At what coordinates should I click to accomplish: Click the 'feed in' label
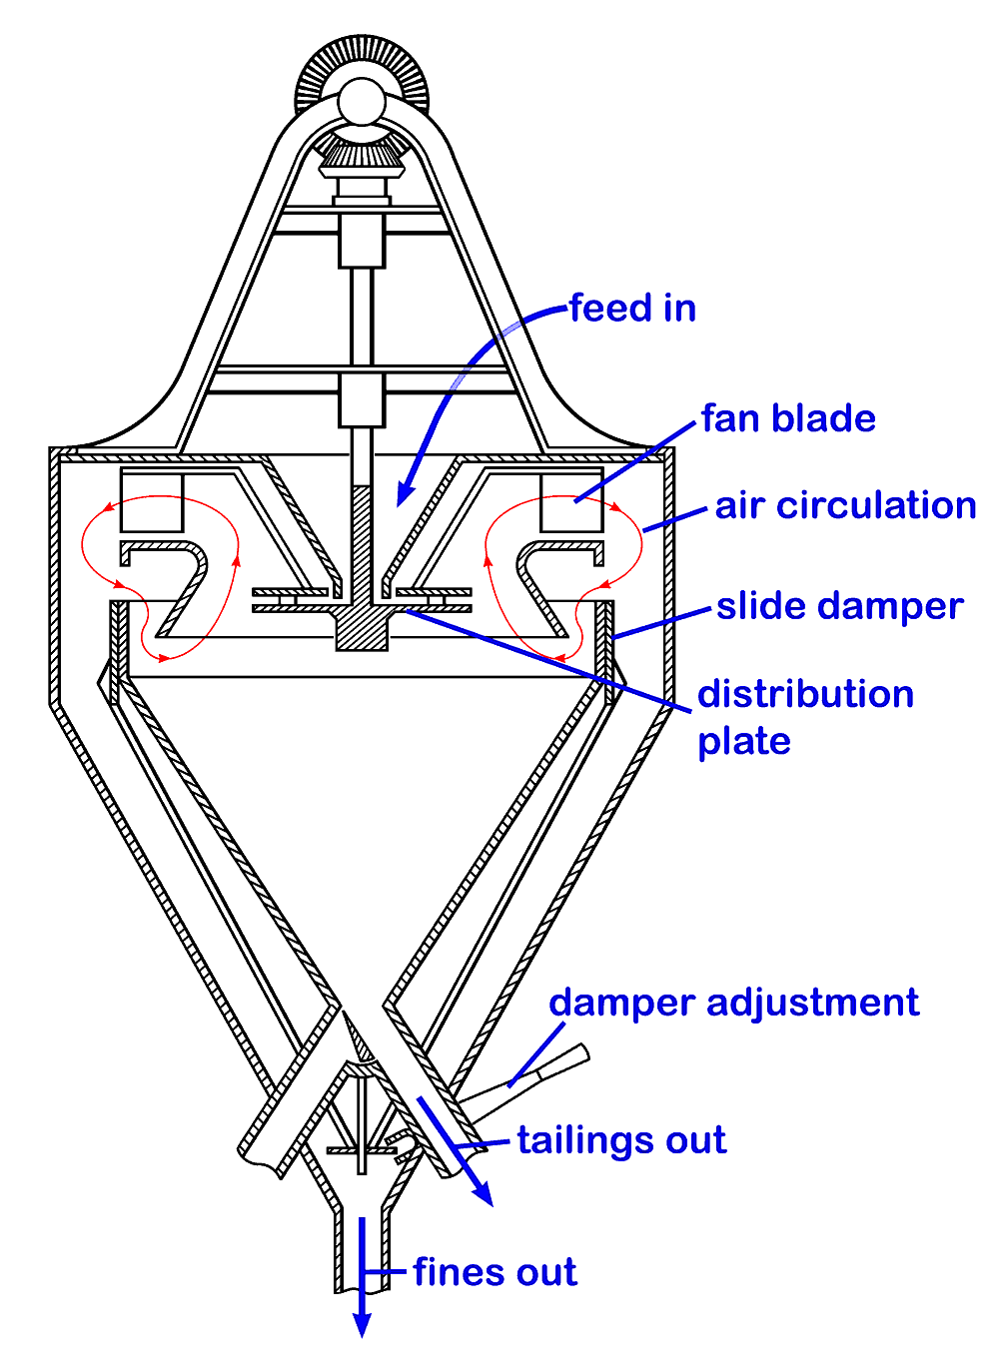[632, 309]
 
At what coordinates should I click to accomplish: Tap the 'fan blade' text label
[788, 418]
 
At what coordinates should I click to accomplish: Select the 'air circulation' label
[845, 506]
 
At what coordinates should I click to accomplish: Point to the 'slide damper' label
[839, 607]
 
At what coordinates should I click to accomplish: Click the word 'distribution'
[805, 694]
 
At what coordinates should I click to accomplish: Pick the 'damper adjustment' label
[734, 1003]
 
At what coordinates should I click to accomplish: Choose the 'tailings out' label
[621, 1140]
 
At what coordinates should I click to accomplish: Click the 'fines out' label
[495, 1272]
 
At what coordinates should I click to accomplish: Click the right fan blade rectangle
[571, 500]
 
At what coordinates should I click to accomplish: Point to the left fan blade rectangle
[151, 500]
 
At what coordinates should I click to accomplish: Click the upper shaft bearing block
[362, 241]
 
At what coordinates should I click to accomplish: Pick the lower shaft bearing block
[362, 399]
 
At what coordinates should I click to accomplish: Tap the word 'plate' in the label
[744, 742]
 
